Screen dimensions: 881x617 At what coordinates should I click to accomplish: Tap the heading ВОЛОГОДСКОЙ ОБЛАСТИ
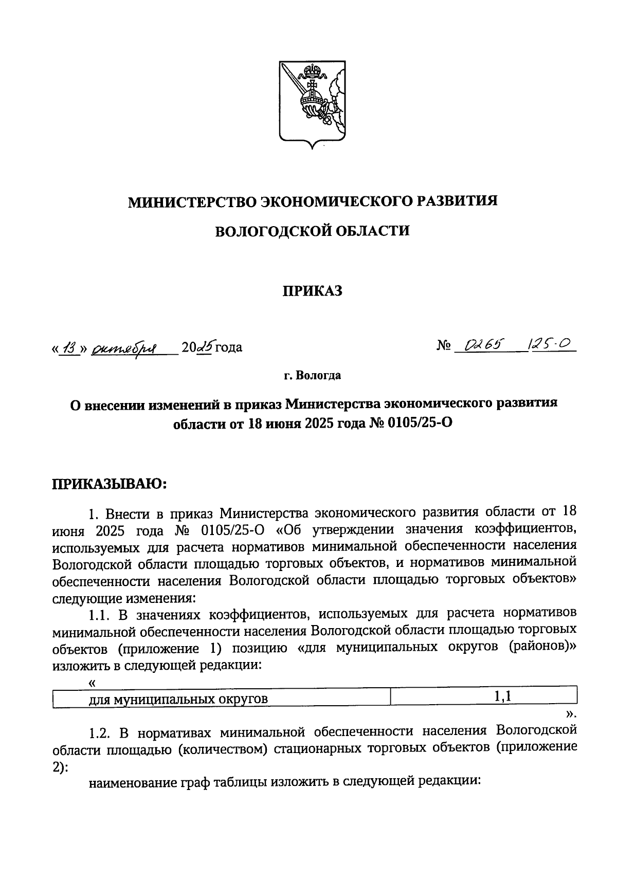[312, 231]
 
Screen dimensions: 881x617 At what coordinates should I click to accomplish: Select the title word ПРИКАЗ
[312, 291]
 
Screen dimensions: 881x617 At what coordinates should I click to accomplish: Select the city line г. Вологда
[312, 376]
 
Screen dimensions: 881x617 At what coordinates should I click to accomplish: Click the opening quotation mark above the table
[92, 683]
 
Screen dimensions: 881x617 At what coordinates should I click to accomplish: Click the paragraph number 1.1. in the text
[100, 614]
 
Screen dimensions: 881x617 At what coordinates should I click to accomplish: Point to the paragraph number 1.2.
[100, 731]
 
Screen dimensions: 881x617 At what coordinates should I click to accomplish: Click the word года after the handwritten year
[228, 348]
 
